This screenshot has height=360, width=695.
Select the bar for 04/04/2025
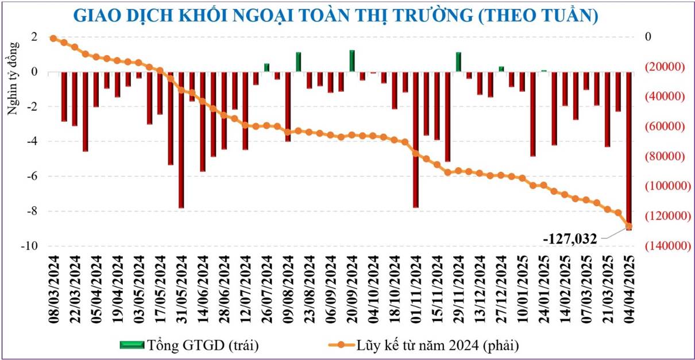click(x=629, y=149)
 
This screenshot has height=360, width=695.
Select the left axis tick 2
click(x=34, y=37)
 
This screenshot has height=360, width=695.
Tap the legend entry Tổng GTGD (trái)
click(x=190, y=345)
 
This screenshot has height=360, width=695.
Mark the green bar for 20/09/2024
click(x=352, y=61)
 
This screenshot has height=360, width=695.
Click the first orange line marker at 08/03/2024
click(x=53, y=38)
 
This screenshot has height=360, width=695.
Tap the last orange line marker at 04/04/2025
click(x=629, y=226)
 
